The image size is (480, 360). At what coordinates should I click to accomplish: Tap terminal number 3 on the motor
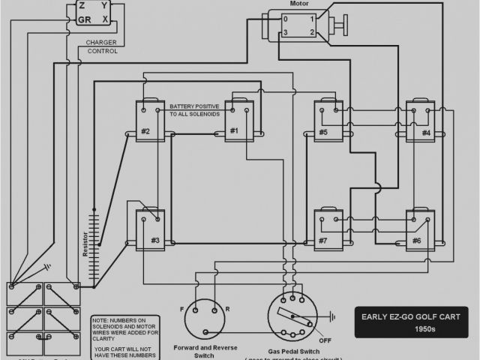coord(285,32)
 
